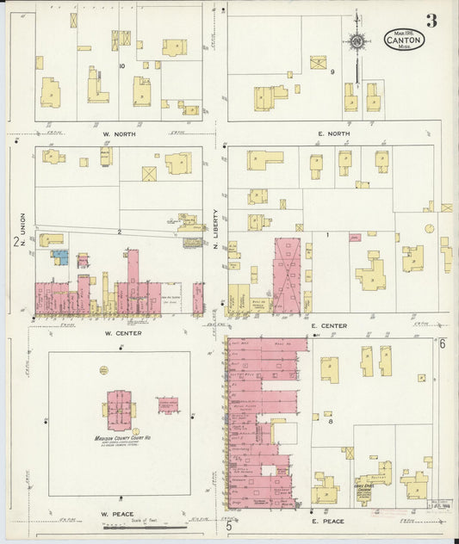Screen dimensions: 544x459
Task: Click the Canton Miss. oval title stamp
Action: pos(402,40)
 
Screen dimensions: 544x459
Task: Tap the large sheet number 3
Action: pos(430,21)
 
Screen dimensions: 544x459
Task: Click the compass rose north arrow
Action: pos(355,41)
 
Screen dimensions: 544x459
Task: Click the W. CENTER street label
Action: pos(121,332)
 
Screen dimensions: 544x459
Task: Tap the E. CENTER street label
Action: pos(330,326)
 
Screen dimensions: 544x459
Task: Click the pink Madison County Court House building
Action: pos(121,408)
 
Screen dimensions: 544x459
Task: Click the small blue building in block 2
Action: pos(59,256)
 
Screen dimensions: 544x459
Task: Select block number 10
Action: pos(122,65)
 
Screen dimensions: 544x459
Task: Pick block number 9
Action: pos(332,72)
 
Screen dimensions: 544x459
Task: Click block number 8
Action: pos(329,415)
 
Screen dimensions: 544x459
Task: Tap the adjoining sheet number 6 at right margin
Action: pos(441,344)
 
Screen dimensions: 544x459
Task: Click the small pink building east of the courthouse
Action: pos(167,405)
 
